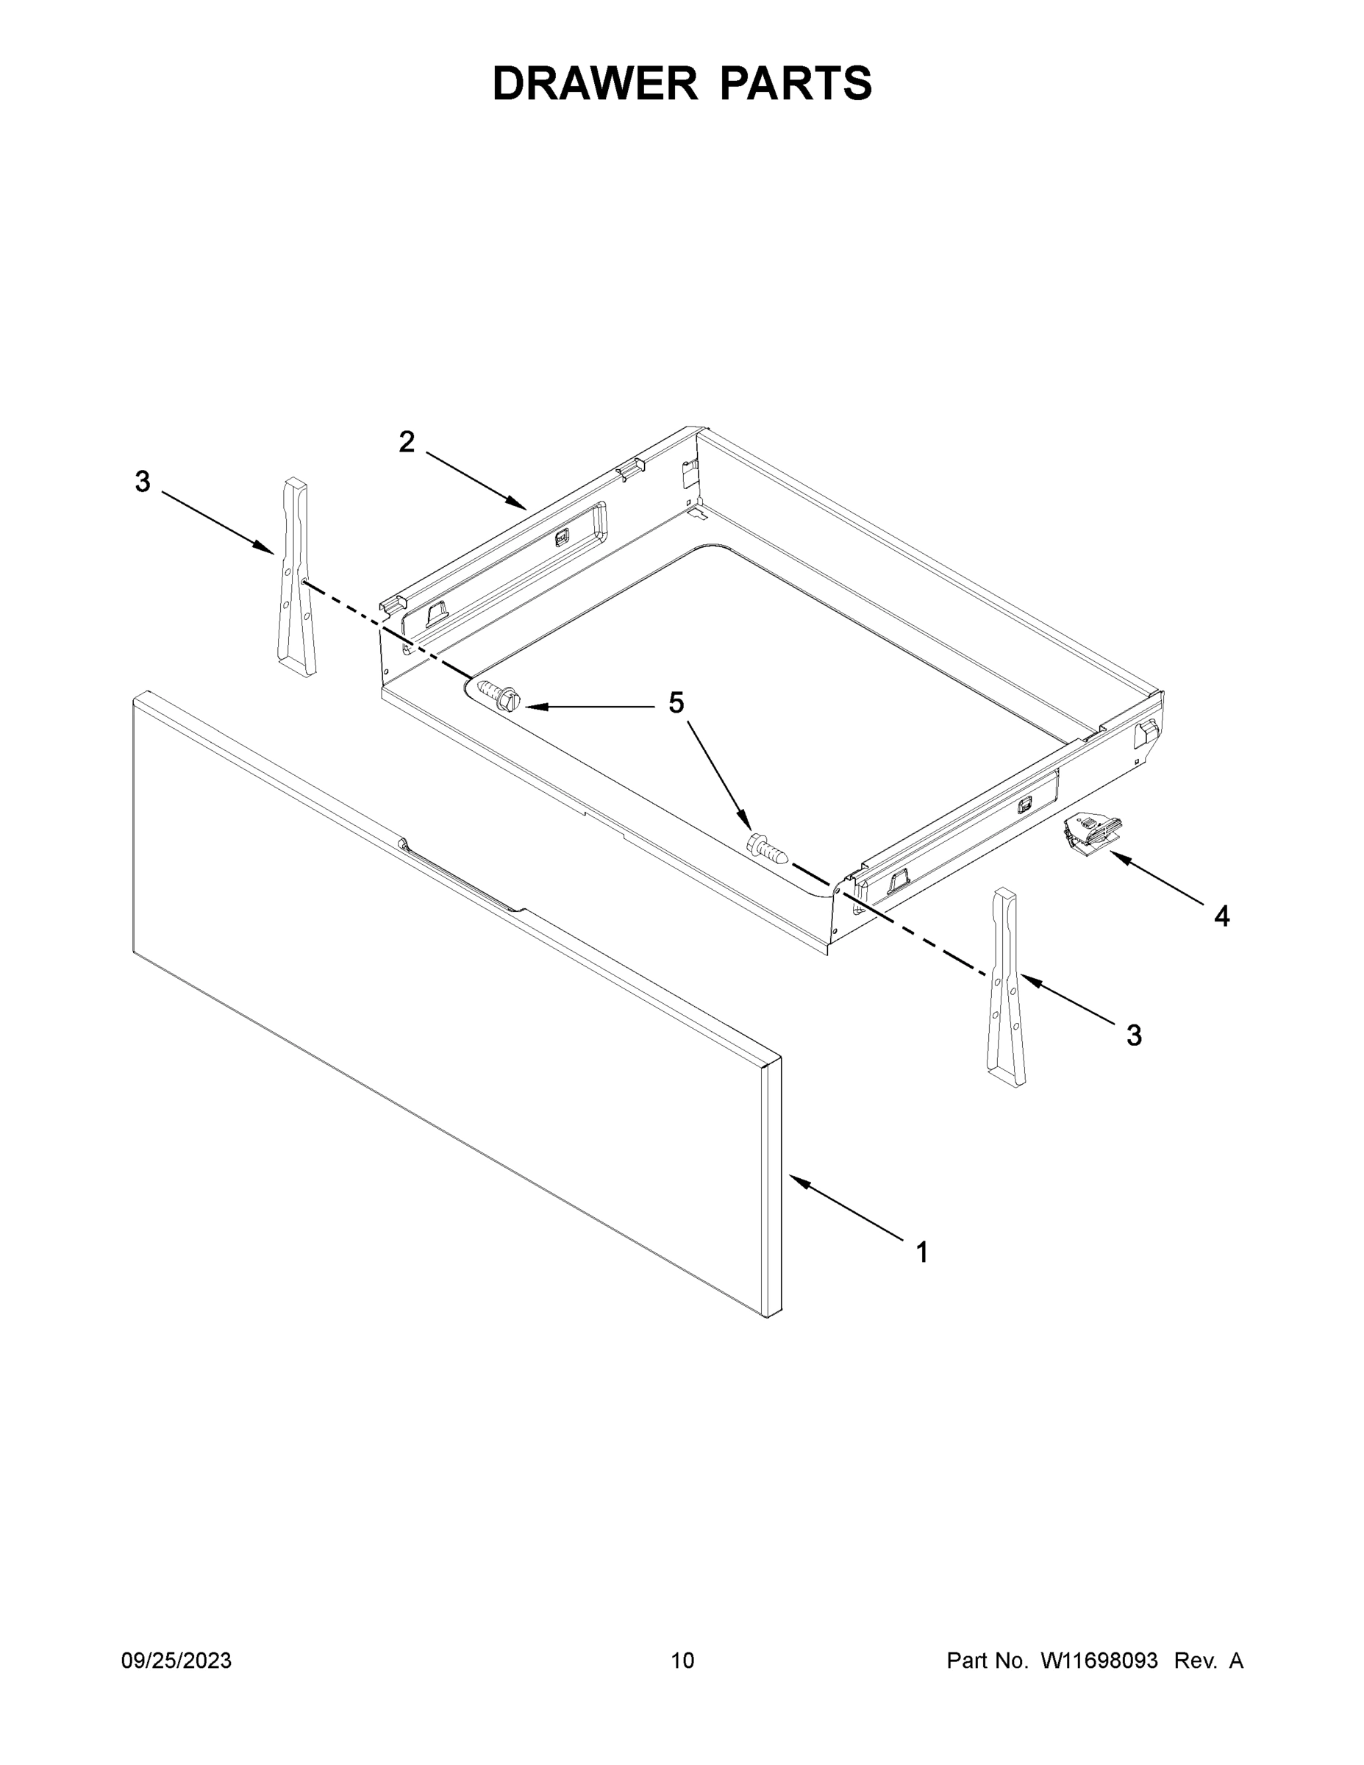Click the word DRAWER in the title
[x=594, y=84]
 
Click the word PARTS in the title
[x=795, y=84]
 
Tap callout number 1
[x=922, y=1252]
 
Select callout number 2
[x=407, y=442]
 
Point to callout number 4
[x=1222, y=916]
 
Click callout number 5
[x=676, y=703]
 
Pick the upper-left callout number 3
[x=142, y=482]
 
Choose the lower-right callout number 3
[x=1135, y=1035]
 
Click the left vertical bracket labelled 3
[x=295, y=578]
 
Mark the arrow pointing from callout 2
[x=476, y=481]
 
